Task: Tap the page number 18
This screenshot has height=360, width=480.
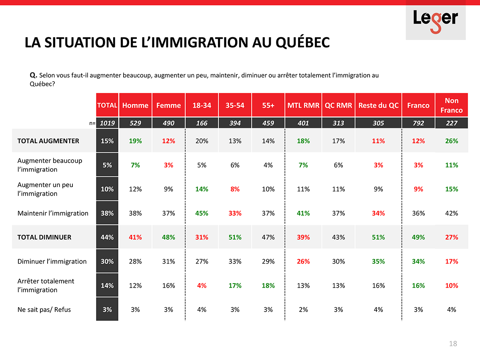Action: coord(453,344)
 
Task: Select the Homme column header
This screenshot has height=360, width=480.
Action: coord(135,106)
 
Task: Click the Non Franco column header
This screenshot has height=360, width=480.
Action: coord(451,106)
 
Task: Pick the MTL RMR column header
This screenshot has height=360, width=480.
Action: coord(303,106)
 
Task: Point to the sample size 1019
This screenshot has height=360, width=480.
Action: coord(107,123)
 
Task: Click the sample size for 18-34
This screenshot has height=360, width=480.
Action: coord(202,123)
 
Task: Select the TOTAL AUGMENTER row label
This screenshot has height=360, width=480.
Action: coord(48,141)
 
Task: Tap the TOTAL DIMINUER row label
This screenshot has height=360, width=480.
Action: coord(44,237)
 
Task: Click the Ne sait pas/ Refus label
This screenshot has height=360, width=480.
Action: coord(44,310)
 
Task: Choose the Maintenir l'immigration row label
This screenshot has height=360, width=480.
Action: coord(53,213)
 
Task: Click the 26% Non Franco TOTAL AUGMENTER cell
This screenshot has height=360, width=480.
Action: coord(451,141)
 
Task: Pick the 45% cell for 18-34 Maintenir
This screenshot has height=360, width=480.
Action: coord(202,213)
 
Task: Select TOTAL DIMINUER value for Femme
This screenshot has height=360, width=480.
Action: coord(168,237)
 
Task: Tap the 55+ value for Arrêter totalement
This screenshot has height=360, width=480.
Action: coord(268,286)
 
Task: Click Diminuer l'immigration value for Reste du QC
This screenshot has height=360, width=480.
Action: coord(378,261)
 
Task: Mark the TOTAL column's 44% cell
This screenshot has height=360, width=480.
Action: coord(107,237)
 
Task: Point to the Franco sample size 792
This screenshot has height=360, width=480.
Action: coord(418,123)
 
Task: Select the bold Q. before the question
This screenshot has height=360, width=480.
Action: coord(34,75)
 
